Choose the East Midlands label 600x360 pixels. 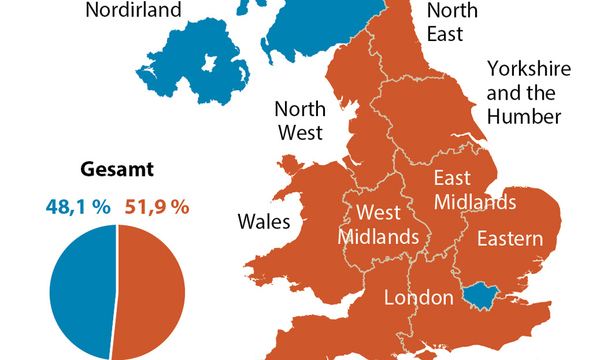[x=474, y=190]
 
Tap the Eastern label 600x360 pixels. [x=509, y=239]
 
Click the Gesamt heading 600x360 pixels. [x=118, y=170]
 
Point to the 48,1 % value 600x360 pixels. [x=78, y=207]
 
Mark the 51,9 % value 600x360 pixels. [x=158, y=207]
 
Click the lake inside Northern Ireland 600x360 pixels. [x=209, y=64]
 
